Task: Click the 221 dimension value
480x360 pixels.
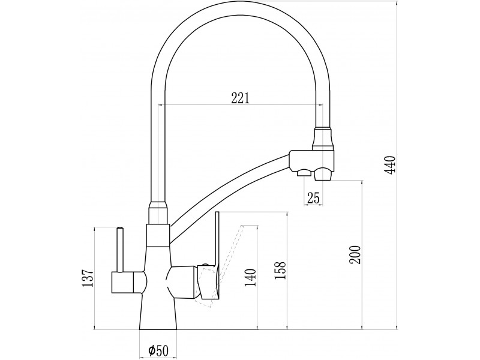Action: click(241, 98)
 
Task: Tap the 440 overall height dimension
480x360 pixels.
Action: click(391, 165)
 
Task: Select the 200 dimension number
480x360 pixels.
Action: click(355, 254)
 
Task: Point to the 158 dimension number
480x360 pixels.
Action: click(280, 271)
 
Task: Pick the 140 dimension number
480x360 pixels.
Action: click(250, 278)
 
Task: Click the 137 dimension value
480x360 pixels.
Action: click(87, 278)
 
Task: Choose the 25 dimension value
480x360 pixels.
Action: click(313, 198)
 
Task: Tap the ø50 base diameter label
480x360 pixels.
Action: click(158, 350)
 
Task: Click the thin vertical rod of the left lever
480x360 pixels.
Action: click(120, 250)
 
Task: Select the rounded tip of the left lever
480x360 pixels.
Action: click(120, 228)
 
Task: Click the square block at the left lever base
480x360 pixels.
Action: click(122, 282)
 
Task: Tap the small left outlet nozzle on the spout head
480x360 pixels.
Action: click(304, 173)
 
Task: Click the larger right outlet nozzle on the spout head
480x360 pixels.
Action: click(323, 174)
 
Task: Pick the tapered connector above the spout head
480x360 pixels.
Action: click(322, 139)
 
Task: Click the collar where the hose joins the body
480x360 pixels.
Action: click(158, 213)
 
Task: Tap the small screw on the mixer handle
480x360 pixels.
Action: click(204, 264)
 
